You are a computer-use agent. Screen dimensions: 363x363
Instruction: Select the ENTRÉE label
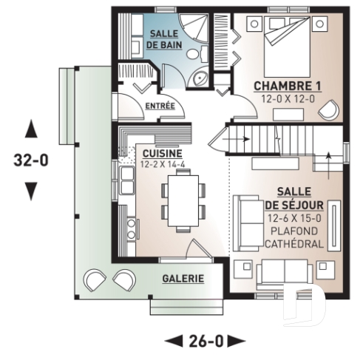tap(160, 106)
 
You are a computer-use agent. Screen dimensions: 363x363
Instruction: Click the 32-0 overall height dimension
tap(30, 160)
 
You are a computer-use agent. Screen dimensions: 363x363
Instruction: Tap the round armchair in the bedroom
tap(326, 109)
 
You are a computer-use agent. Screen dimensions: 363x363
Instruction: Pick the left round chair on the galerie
tap(95, 280)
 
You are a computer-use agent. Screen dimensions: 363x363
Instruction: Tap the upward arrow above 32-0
tap(30, 130)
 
